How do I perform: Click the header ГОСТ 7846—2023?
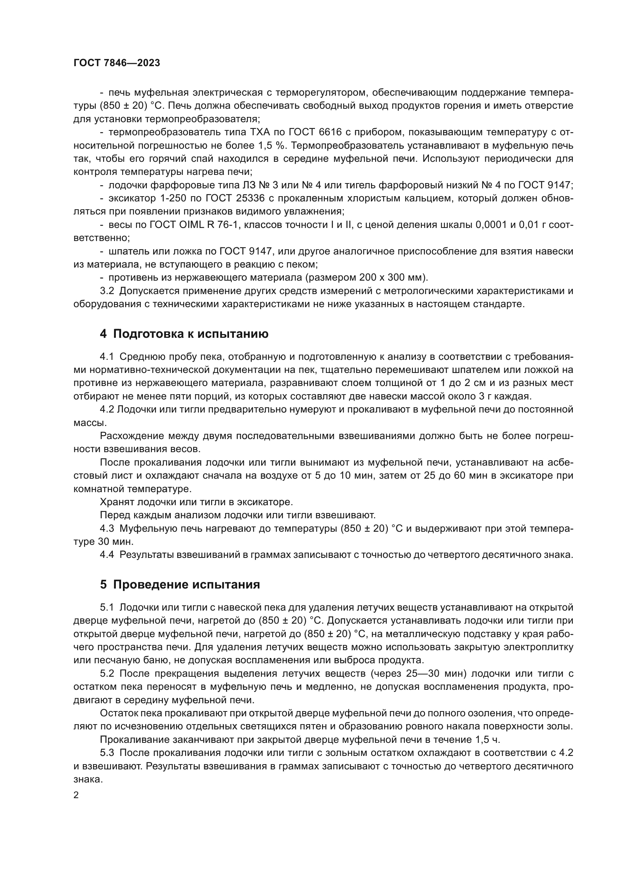(117, 63)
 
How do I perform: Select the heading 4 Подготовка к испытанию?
(184, 334)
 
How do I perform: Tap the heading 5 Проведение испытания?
(180, 584)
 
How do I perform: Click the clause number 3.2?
(107, 291)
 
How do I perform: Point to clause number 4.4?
(107, 555)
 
